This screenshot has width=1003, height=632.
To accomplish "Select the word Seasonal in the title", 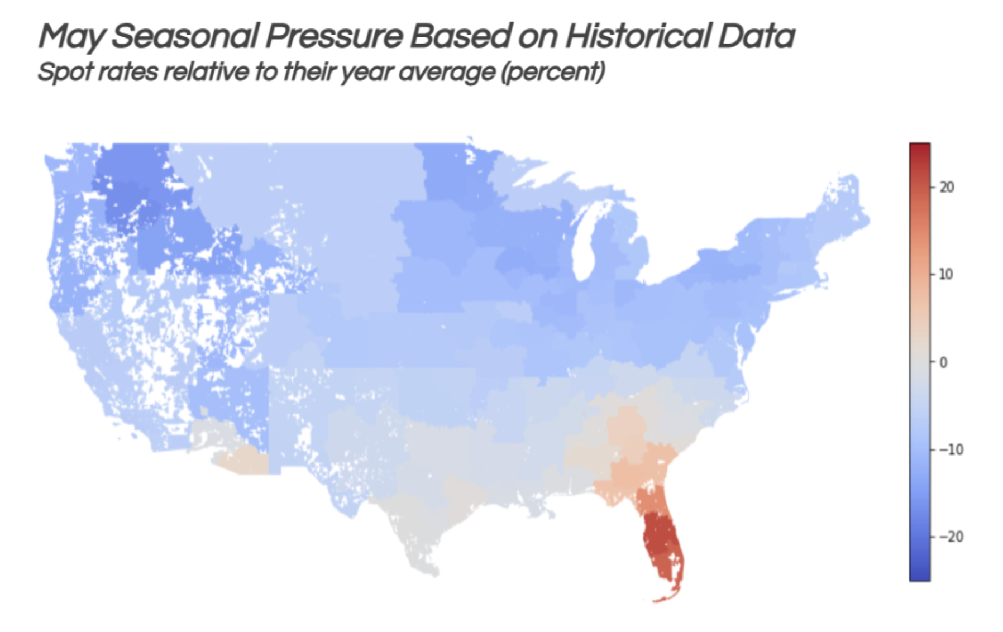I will (x=184, y=37).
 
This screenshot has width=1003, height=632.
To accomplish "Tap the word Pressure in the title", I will (x=333, y=37).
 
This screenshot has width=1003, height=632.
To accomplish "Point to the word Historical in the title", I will (x=637, y=37).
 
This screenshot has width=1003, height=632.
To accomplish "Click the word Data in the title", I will (x=756, y=37).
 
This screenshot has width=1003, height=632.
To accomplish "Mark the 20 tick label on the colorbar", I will (x=947, y=187).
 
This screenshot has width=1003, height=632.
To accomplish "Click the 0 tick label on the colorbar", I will (x=943, y=362).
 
